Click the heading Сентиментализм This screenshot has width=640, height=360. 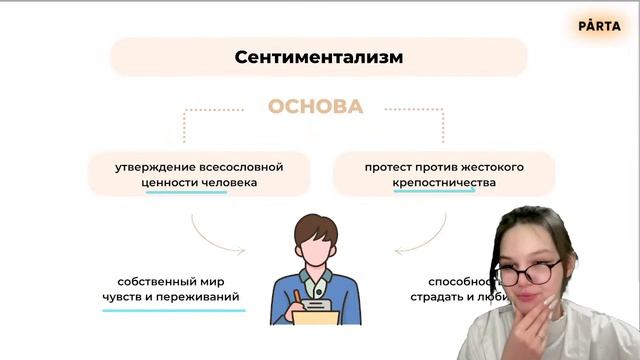point(318,57)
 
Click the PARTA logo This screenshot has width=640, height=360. point(599,26)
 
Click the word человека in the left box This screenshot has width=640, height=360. point(229,183)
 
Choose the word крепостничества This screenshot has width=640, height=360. point(444,183)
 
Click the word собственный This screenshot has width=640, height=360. point(158,281)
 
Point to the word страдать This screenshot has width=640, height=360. point(442,297)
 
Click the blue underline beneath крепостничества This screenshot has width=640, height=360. point(434,192)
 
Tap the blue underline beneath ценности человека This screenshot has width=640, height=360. point(186,192)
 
